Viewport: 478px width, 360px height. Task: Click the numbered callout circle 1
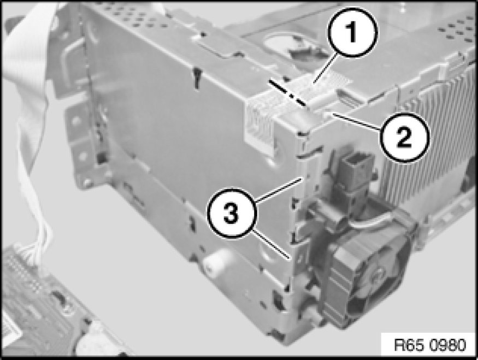[x=353, y=33]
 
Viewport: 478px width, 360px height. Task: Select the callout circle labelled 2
[x=404, y=138]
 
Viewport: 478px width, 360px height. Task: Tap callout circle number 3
[x=232, y=213]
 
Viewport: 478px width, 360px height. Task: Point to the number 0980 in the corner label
[x=448, y=345]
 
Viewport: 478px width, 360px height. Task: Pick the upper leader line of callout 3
[x=279, y=190]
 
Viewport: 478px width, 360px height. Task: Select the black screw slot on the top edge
[x=198, y=78]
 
